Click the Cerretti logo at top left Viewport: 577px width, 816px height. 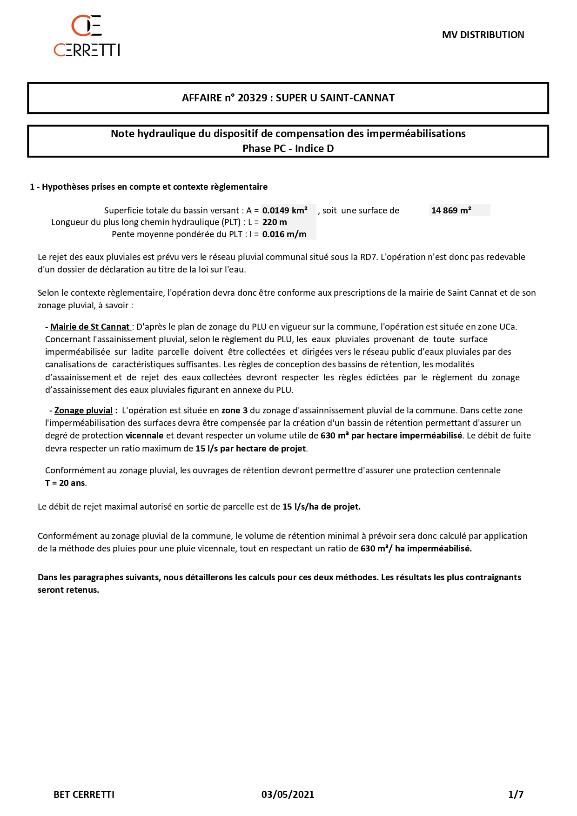(x=87, y=36)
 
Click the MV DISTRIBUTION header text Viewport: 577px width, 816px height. (x=483, y=35)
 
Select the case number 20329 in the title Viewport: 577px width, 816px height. (x=252, y=98)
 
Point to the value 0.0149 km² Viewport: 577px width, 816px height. (x=285, y=211)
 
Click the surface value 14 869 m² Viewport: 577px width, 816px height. (x=451, y=211)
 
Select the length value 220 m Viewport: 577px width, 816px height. (x=275, y=222)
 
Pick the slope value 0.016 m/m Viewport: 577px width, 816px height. (x=284, y=234)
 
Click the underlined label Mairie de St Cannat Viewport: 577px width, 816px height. (x=90, y=327)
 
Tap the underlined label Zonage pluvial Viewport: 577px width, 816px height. (x=83, y=411)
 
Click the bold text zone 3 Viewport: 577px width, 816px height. (x=234, y=411)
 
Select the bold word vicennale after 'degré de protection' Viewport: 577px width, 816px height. (x=144, y=436)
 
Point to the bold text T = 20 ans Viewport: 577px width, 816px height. (x=65, y=483)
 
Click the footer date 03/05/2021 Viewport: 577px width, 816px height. (x=288, y=794)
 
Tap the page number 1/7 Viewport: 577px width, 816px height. (x=516, y=794)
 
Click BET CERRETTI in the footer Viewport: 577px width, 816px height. (x=84, y=794)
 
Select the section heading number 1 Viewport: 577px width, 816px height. (x=32, y=187)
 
